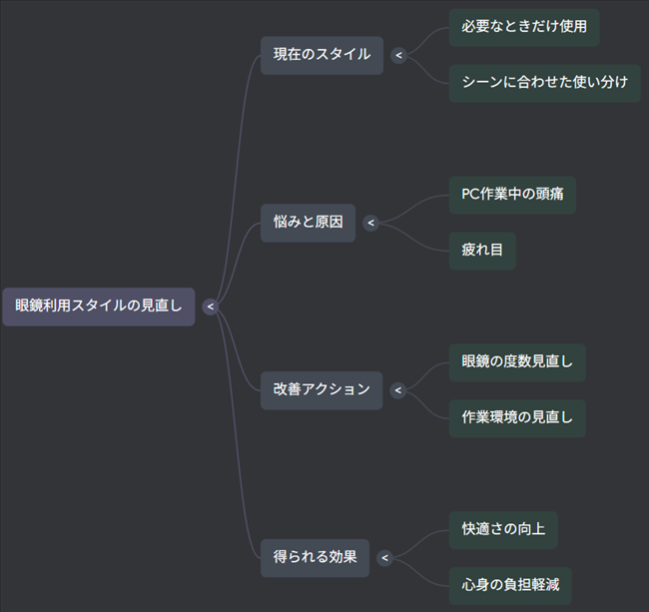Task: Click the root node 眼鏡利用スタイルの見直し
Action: click(x=99, y=306)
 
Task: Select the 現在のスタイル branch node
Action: click(x=322, y=55)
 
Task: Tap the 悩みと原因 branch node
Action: click(x=308, y=223)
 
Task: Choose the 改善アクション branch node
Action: click(x=322, y=390)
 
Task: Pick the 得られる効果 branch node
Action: click(x=315, y=558)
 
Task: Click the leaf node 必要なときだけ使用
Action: click(x=523, y=27)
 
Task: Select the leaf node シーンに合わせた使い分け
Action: click(x=544, y=83)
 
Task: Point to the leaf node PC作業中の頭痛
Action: click(x=511, y=195)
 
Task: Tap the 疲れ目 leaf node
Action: click(x=481, y=251)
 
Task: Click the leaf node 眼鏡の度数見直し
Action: click(x=516, y=362)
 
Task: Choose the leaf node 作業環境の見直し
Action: click(x=516, y=418)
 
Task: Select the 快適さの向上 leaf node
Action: click(x=502, y=530)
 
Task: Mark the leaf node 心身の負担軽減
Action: click(x=509, y=586)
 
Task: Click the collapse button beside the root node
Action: click(x=211, y=306)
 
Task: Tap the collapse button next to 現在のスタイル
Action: click(x=398, y=55)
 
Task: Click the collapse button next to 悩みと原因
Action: click(x=370, y=223)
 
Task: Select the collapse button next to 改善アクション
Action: click(x=398, y=390)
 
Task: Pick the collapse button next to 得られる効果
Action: click(x=384, y=558)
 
